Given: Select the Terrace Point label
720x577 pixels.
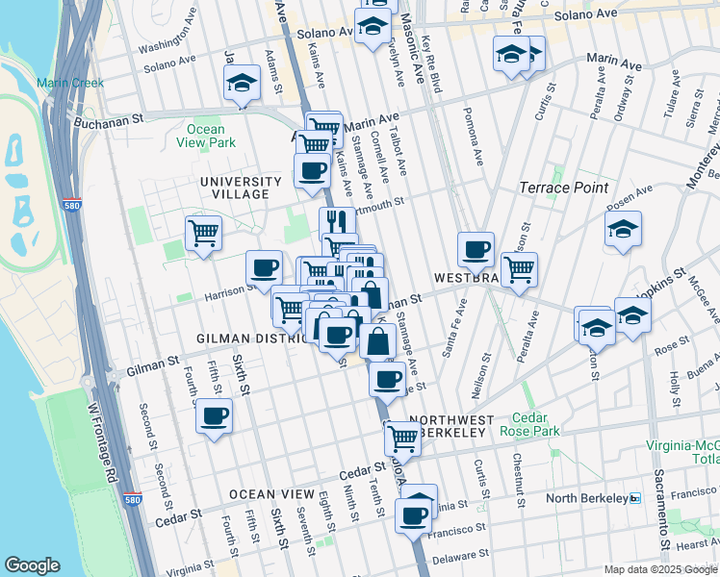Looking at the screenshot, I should pyautogui.click(x=559, y=188).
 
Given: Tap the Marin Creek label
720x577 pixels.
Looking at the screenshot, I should pyautogui.click(x=70, y=83).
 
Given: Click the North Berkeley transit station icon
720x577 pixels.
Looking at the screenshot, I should pyautogui.click(x=634, y=498).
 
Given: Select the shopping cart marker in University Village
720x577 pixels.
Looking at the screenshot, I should pyautogui.click(x=203, y=232).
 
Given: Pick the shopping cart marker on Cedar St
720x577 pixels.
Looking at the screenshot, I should pyautogui.click(x=402, y=439).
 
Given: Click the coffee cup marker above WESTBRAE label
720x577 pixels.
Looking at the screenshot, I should pyautogui.click(x=476, y=250).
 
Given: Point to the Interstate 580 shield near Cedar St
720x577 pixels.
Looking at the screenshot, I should pyautogui.click(x=134, y=500).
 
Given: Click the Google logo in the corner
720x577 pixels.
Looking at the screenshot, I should pyautogui.click(x=33, y=565).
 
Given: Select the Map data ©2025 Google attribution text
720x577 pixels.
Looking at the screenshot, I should pyautogui.click(x=660, y=569).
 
